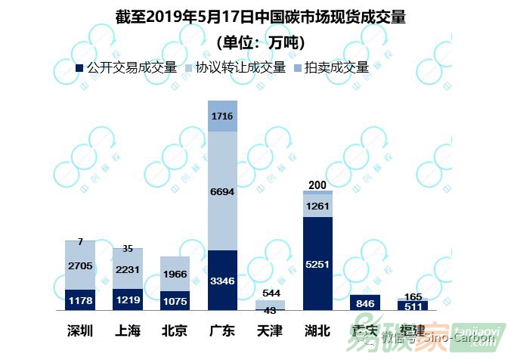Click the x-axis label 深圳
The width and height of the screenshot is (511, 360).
point(80,331)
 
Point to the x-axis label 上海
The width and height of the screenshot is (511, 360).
point(128,331)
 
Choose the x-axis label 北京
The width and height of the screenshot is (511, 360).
point(175,331)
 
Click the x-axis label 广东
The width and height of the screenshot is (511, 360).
point(223,331)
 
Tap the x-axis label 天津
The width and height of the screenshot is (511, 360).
point(271,331)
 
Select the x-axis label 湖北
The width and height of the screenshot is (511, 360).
point(318,331)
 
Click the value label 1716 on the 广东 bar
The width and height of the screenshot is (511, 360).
point(222,116)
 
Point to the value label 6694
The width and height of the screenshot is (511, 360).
point(222,193)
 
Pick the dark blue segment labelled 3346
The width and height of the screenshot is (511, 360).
point(222,281)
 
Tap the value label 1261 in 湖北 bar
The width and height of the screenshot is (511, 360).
point(317,206)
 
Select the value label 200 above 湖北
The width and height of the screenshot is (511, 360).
point(317,185)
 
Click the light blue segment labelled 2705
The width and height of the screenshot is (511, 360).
point(80,265)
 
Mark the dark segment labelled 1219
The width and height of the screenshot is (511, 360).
point(128,299)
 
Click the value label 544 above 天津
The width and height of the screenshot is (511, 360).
point(270,293)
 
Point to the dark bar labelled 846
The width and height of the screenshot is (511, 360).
point(365,303)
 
